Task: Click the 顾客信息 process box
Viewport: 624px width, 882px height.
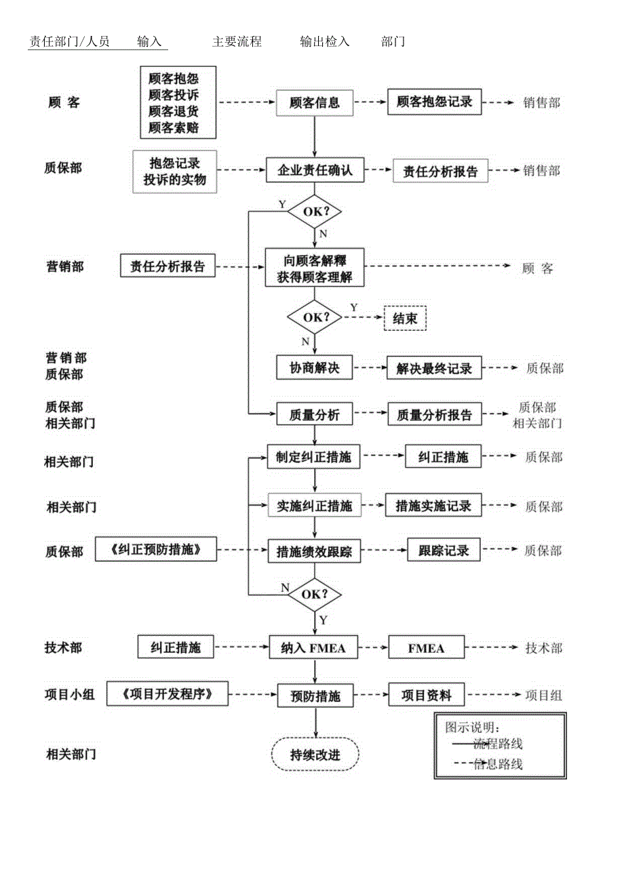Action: [x=315, y=103]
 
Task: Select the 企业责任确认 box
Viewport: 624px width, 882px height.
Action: [x=315, y=170]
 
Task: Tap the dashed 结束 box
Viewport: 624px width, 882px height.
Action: [x=405, y=318]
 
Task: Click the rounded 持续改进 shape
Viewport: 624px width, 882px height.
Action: [x=315, y=755]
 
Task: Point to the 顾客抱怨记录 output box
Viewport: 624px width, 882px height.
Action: [x=434, y=102]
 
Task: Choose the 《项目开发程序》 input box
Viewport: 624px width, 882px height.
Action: [x=168, y=694]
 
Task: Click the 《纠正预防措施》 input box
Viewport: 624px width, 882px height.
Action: [x=157, y=550]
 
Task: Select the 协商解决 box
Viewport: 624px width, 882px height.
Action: [x=314, y=368]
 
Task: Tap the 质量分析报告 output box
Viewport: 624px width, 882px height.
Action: [x=434, y=415]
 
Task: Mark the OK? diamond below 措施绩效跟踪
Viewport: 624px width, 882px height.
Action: [x=315, y=595]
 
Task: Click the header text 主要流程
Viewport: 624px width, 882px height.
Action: [x=237, y=41]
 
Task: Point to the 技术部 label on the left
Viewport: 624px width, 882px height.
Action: [x=63, y=647]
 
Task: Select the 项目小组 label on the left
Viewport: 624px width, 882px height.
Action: [x=70, y=694]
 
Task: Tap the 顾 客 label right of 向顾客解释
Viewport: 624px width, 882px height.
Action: [x=538, y=268]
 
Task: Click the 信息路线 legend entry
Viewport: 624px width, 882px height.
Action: [x=498, y=764]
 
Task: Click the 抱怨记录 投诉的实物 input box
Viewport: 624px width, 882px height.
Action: [x=175, y=172]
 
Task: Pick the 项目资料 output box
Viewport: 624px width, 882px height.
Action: [x=427, y=694]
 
